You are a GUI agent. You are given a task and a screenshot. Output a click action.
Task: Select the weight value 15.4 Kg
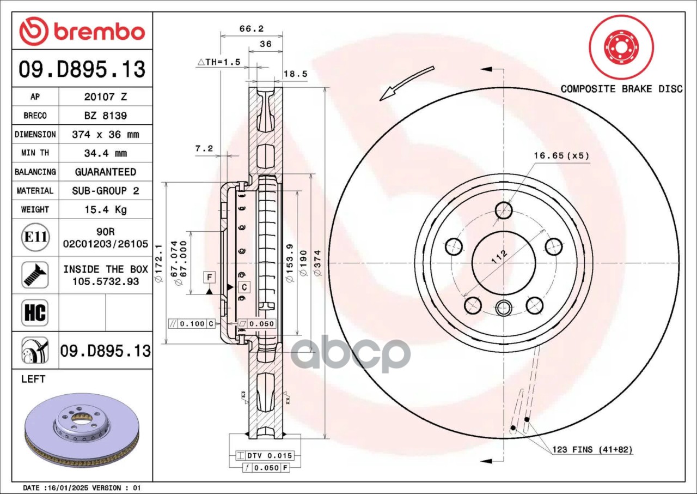(x=105, y=209)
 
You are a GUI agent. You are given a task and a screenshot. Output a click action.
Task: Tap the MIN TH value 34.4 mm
(x=105, y=153)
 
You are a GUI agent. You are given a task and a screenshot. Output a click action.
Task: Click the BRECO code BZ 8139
(x=105, y=116)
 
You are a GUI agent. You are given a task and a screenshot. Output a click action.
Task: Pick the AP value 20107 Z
(x=105, y=97)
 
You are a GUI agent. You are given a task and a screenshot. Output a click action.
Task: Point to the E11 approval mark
(x=35, y=238)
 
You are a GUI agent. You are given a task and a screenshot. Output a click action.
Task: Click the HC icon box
(x=35, y=313)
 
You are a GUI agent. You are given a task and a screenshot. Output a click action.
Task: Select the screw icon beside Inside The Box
(x=35, y=275)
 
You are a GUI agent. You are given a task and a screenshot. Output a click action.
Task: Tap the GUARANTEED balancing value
(x=105, y=172)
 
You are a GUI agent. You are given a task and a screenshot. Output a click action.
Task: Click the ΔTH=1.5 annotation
(x=218, y=62)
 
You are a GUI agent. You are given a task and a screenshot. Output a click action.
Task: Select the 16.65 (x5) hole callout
(x=561, y=156)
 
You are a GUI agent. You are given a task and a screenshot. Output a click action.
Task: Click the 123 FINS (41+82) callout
(x=592, y=450)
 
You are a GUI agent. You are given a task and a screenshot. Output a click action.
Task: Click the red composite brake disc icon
(x=621, y=47)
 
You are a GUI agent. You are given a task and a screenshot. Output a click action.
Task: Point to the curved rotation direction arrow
(x=406, y=83)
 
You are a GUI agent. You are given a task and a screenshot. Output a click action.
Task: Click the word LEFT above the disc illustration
(x=33, y=379)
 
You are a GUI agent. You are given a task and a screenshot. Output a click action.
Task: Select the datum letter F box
(x=210, y=278)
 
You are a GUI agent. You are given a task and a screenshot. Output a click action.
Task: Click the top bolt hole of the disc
(x=504, y=210)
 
